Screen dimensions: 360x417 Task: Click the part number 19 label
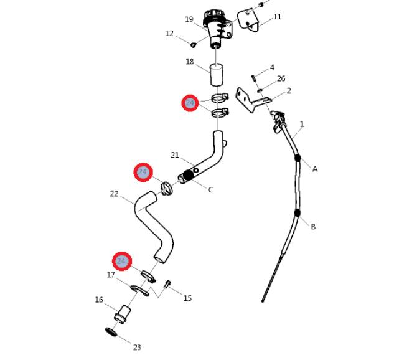coord(189,19)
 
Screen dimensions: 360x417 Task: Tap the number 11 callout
coord(278,17)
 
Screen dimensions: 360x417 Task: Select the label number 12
coord(169,33)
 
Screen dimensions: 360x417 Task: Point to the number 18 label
coord(190,62)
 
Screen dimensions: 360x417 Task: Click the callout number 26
coord(281,78)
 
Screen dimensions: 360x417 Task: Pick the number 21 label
coord(175,155)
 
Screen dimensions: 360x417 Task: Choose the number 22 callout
coord(114,194)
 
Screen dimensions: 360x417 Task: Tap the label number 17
coord(111,275)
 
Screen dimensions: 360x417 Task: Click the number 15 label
coord(187,298)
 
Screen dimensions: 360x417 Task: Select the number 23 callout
coord(137,348)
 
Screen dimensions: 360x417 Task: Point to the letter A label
coord(315,169)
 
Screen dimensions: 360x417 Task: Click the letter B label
coord(313,227)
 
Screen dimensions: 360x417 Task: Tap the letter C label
coord(210,190)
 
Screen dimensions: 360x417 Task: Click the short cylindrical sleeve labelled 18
coord(217,75)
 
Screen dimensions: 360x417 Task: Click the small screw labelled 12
coord(193,44)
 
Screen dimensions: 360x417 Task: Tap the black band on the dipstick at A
coord(298,158)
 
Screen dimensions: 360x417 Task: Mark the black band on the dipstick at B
coord(298,213)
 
